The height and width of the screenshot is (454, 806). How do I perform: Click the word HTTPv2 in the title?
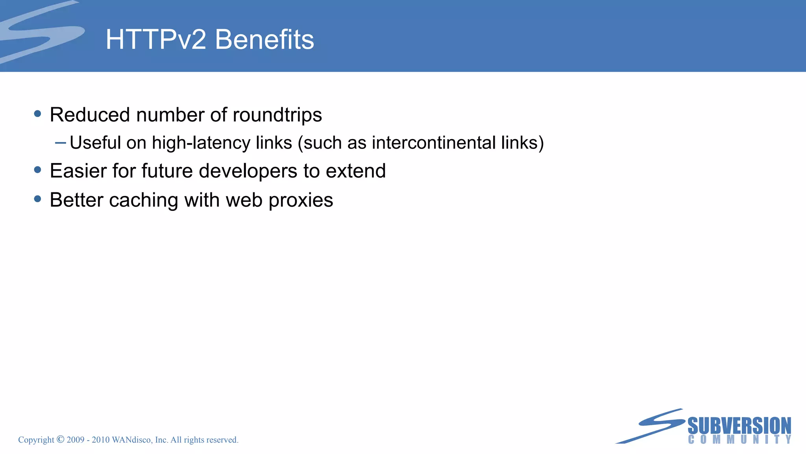pyautogui.click(x=155, y=40)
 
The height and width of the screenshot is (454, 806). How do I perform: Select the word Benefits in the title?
pyautogui.click(x=264, y=40)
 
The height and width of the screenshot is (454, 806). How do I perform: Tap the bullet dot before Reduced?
pyautogui.click(x=38, y=114)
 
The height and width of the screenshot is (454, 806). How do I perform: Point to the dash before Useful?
pyautogui.click(x=60, y=143)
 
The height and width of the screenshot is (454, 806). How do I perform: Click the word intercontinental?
pyautogui.click(x=433, y=143)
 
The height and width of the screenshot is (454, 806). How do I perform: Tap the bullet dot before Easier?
pyautogui.click(x=38, y=170)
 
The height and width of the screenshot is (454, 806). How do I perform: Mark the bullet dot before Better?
pyautogui.click(x=38, y=199)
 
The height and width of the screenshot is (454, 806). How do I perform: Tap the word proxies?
pyautogui.click(x=301, y=200)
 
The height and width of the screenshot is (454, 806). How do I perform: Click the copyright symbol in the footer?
pyautogui.click(x=60, y=439)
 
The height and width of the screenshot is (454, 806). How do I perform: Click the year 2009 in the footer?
pyautogui.click(x=76, y=440)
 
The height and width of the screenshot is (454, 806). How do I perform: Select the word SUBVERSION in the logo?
pyautogui.click(x=739, y=426)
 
